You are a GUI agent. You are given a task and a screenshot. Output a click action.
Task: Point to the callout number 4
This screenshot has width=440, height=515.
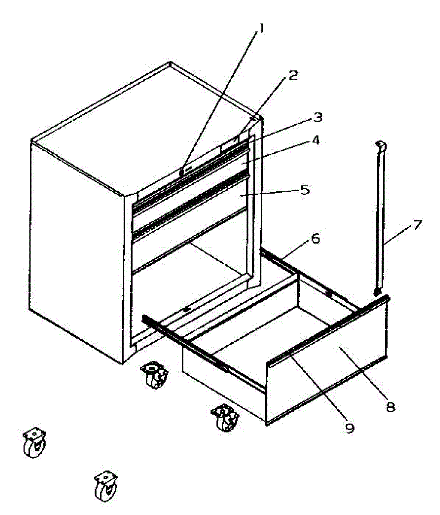click(x=316, y=141)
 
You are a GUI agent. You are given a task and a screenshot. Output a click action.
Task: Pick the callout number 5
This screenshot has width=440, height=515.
click(x=304, y=190)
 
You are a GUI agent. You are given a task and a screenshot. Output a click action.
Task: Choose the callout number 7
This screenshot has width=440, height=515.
click(x=417, y=224)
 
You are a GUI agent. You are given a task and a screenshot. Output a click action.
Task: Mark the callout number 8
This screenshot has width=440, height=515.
click(x=390, y=406)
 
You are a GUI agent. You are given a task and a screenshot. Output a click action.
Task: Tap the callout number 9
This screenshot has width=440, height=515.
click(x=350, y=428)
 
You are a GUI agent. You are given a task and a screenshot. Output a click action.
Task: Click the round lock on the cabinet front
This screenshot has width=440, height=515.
click(x=182, y=171)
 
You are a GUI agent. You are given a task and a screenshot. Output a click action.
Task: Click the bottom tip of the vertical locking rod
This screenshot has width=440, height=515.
click(x=377, y=293)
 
